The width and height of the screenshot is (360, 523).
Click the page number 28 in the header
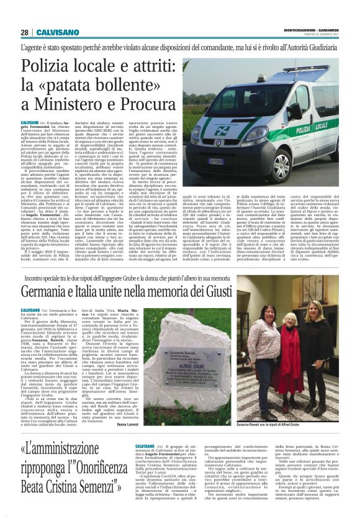24,32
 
